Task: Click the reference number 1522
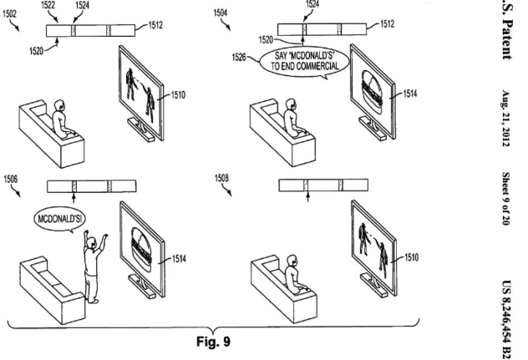[51, 6]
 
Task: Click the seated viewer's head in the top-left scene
[58, 107]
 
